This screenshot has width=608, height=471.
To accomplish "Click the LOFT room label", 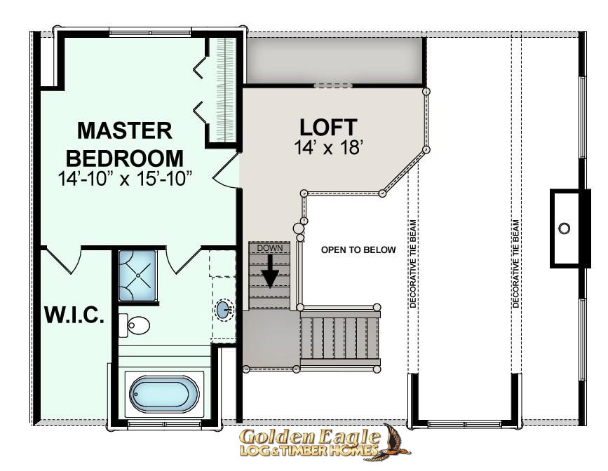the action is click(x=328, y=127).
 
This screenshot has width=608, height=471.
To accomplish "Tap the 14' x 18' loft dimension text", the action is click(x=328, y=148).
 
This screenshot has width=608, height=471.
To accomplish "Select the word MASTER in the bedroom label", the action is click(x=124, y=130).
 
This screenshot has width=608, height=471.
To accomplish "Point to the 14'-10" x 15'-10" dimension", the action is click(x=125, y=179).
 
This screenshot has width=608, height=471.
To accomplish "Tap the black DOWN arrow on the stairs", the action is click(x=269, y=271).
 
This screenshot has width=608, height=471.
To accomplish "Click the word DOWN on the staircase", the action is click(x=270, y=248).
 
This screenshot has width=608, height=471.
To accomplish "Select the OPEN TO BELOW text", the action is click(x=358, y=250).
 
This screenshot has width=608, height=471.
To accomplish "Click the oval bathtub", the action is click(x=164, y=394).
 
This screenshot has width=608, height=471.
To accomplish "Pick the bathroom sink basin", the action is click(x=224, y=310).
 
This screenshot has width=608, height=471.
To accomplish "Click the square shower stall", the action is click(x=137, y=275).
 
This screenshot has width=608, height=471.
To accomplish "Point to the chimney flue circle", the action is click(x=565, y=228).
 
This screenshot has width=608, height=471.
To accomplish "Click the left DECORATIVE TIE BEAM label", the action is click(x=413, y=264).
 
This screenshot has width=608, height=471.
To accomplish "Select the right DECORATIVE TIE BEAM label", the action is click(x=515, y=264).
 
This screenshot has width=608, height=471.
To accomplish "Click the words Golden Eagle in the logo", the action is click(x=309, y=437).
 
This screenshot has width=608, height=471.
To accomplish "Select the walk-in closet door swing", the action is click(x=62, y=260).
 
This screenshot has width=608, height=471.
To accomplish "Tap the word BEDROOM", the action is click(x=124, y=158).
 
